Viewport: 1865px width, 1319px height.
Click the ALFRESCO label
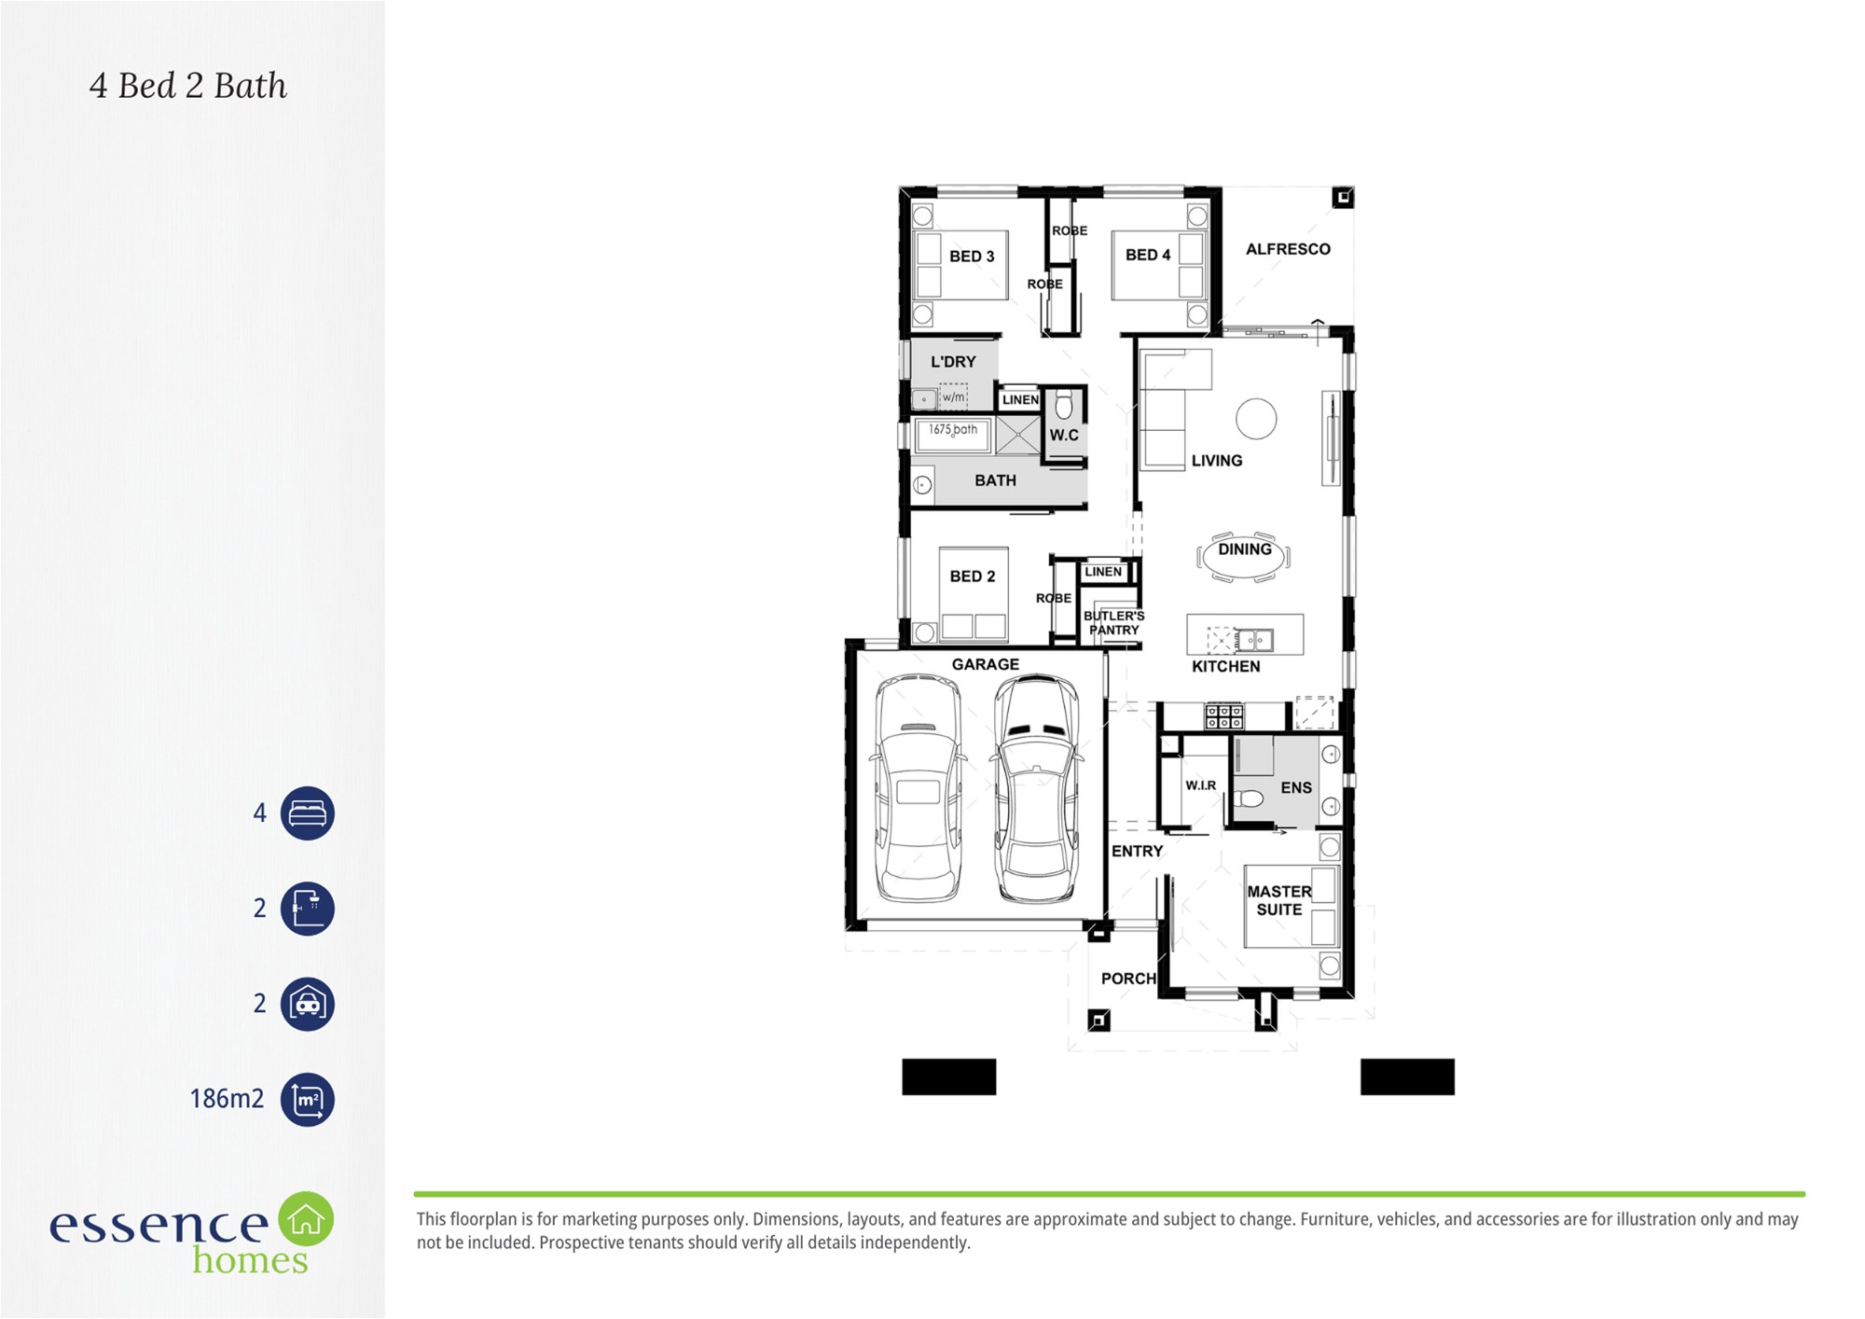click(1288, 249)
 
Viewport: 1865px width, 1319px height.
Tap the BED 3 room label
click(972, 257)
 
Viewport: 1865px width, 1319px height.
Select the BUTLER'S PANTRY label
click(1114, 623)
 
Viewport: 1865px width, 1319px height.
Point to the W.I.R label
click(1201, 785)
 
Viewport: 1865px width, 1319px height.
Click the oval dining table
click(1244, 556)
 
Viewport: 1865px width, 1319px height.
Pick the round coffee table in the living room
click(1256, 419)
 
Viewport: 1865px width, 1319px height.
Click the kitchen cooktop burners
click(1223, 716)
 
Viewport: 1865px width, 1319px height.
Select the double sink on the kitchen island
click(1254, 641)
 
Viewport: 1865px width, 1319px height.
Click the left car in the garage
click(919, 788)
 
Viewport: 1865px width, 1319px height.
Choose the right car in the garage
click(1036, 788)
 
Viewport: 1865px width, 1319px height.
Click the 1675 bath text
click(953, 430)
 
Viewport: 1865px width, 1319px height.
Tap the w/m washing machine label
click(953, 397)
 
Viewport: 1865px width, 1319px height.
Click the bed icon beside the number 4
click(308, 813)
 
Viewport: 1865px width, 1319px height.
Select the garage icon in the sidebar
click(308, 1004)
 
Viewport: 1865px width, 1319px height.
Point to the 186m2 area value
click(227, 1099)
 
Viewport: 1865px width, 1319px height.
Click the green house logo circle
click(306, 1218)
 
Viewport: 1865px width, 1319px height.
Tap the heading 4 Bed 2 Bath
click(188, 86)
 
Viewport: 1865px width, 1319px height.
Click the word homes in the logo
click(250, 1260)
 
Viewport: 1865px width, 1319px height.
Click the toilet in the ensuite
click(1249, 798)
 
